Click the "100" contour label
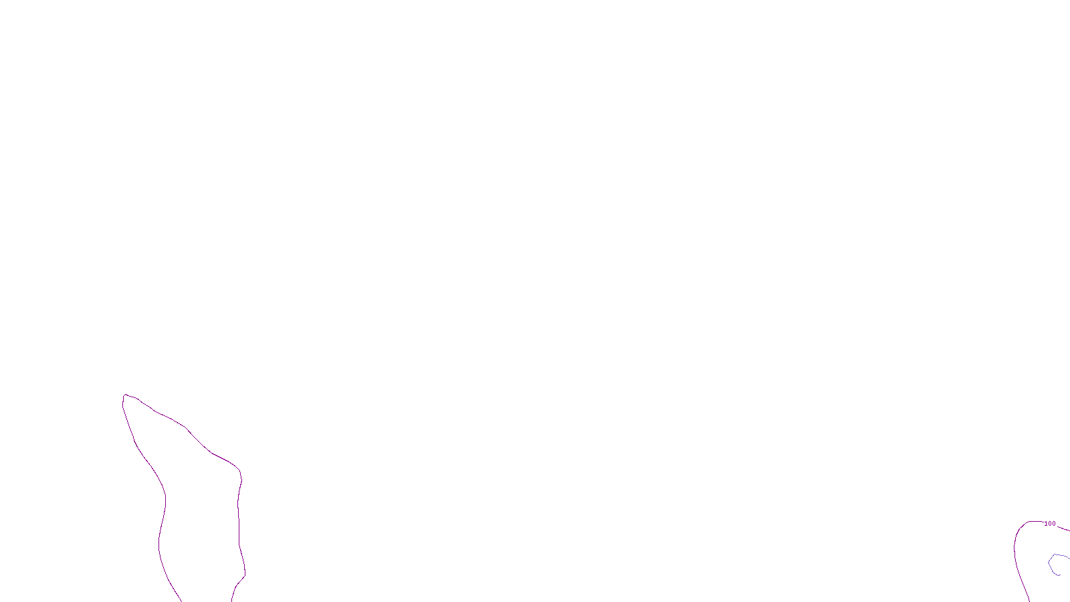pos(1050,524)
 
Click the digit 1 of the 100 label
pos(1046,524)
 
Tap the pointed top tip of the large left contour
pos(124,395)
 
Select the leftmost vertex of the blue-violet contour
pos(1049,563)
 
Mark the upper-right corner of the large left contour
pos(239,472)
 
